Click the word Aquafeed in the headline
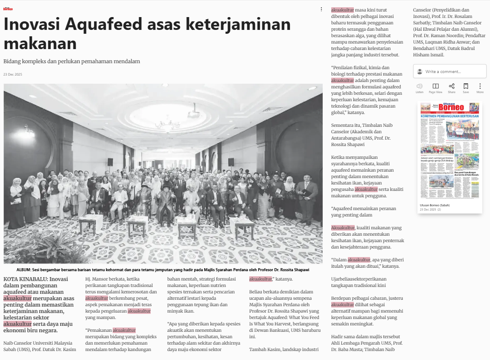click(100, 25)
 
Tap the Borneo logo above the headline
click(8, 9)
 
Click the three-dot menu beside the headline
click(321, 9)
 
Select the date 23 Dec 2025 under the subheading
click(13, 74)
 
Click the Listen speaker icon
click(420, 86)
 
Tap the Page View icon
click(435, 86)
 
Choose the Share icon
click(452, 86)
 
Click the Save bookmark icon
click(466, 86)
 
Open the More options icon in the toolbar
click(480, 86)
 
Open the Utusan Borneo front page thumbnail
click(450, 152)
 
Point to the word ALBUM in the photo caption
click(23, 270)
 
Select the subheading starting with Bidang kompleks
click(72, 61)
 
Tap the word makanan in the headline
click(40, 44)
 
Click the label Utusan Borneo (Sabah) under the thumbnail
click(435, 205)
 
